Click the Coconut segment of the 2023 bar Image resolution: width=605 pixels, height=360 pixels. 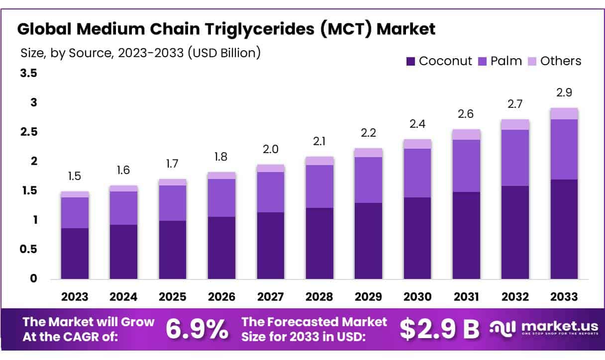coord(75,253)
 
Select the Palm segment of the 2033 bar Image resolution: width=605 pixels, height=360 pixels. coord(564,149)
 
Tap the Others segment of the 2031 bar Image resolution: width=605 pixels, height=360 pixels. coord(466,134)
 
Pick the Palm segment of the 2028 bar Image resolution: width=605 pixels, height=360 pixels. coord(319,186)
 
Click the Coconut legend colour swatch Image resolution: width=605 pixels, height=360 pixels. coord(410,62)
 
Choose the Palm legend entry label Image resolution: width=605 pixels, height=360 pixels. coord(506,61)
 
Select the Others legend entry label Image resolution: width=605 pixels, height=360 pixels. coord(560,61)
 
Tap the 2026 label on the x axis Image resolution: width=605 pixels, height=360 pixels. coord(221,297)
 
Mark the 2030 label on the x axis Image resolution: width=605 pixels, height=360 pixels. coord(417,297)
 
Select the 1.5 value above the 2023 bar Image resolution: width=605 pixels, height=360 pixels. coord(75,177)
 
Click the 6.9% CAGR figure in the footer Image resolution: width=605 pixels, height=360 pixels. coord(197,329)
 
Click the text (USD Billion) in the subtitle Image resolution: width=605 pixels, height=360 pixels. coord(224,52)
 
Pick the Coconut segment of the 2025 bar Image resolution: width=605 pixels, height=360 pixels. coord(173,250)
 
